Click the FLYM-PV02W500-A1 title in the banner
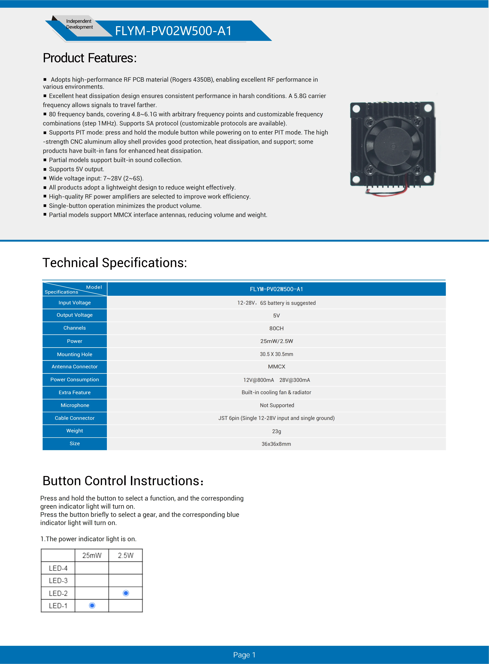coord(173,31)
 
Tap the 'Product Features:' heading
coord(90,58)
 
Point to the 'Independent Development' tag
coord(79,24)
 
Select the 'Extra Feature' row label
coord(75,392)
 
